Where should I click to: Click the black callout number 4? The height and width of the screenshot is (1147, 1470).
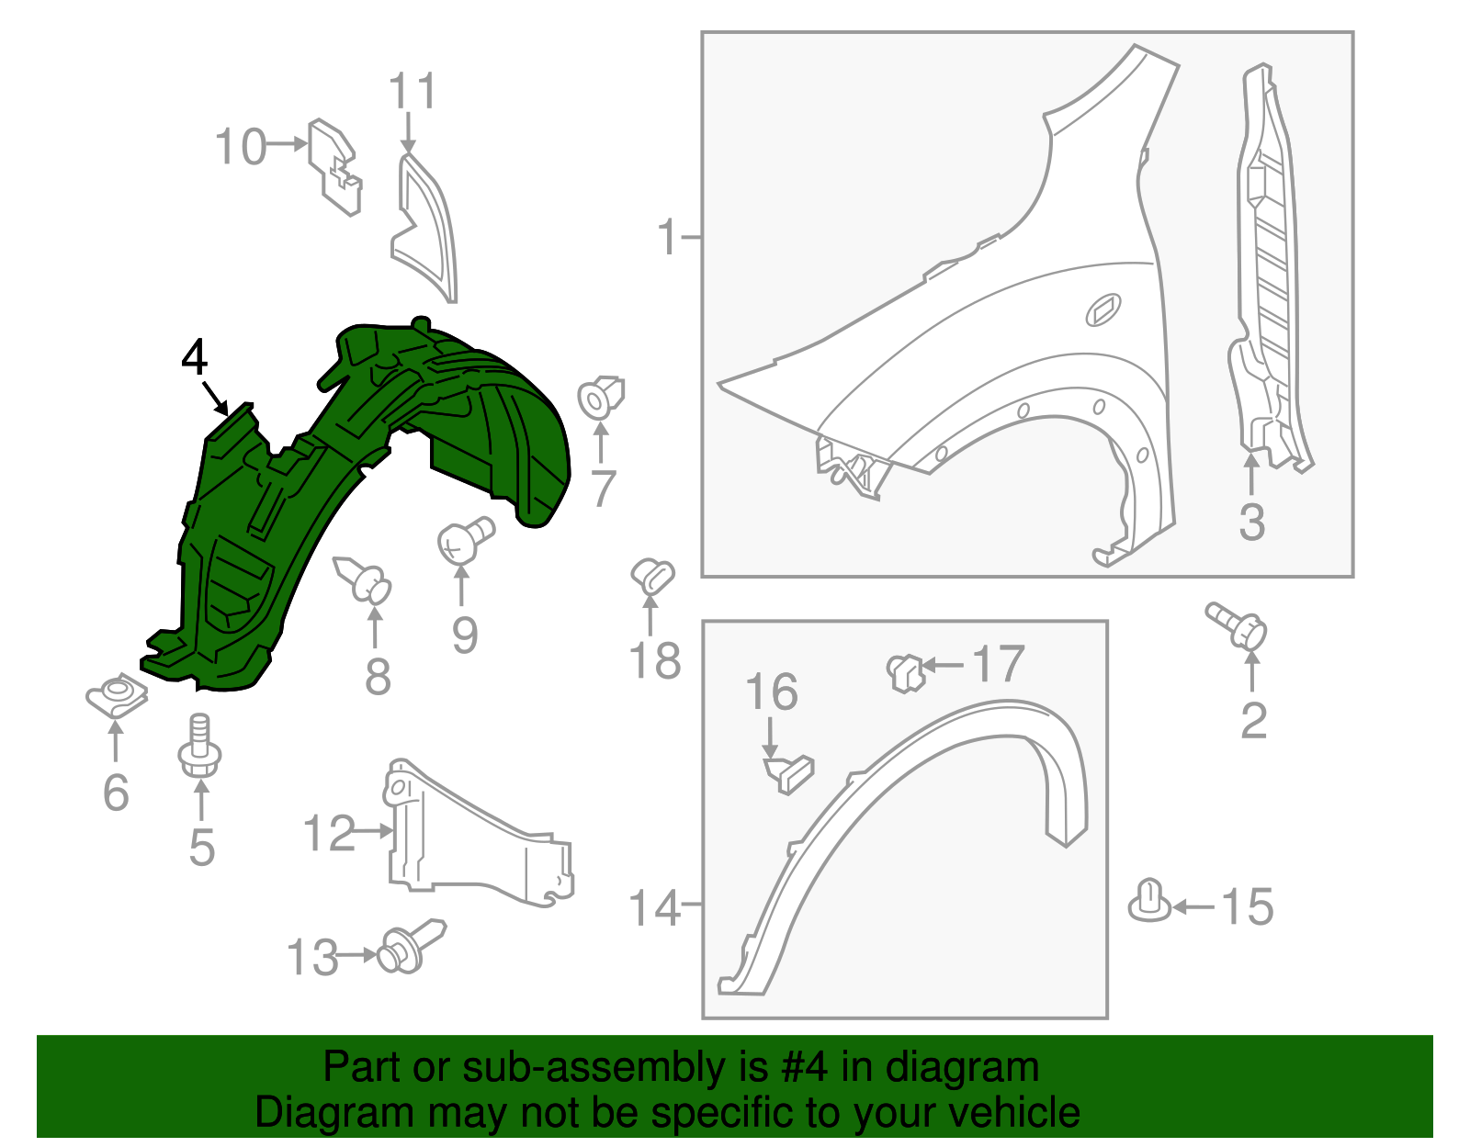195,357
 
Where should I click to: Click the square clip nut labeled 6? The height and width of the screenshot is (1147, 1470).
117,696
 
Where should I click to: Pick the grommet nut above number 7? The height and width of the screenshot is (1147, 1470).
602,398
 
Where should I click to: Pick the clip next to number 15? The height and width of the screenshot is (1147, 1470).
1149,901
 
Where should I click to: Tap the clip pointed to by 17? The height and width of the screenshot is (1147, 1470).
905,671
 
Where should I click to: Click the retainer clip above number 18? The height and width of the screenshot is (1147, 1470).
652,577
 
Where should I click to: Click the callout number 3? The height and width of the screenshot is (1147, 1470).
1251,522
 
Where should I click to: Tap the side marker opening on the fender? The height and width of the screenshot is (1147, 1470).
1103,309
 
